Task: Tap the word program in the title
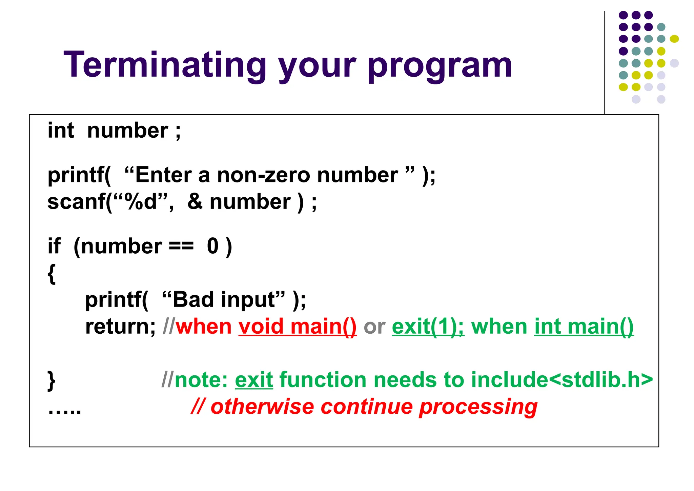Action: pyautogui.click(x=440, y=66)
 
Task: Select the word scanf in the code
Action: pyautogui.click(x=77, y=202)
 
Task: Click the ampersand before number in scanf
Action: pyautogui.click(x=195, y=202)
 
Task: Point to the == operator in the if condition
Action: pyautogui.click(x=181, y=246)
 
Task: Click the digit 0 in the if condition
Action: pyautogui.click(x=213, y=246)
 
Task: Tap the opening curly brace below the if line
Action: pyautogui.click(x=52, y=274)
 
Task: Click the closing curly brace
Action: pyautogui.click(x=52, y=380)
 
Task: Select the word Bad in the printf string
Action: pyautogui.click(x=193, y=300)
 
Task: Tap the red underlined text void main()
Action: pyautogui.click(x=298, y=327)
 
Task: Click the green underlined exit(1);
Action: pyautogui.click(x=428, y=327)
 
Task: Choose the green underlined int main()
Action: pyautogui.click(x=584, y=327)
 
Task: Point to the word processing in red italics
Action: pyautogui.click(x=478, y=407)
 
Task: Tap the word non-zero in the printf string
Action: pyautogui.click(x=263, y=175)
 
